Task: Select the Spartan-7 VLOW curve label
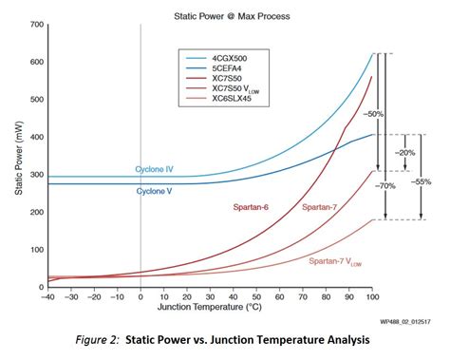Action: tap(334, 259)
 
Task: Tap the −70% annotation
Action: tap(386, 187)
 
